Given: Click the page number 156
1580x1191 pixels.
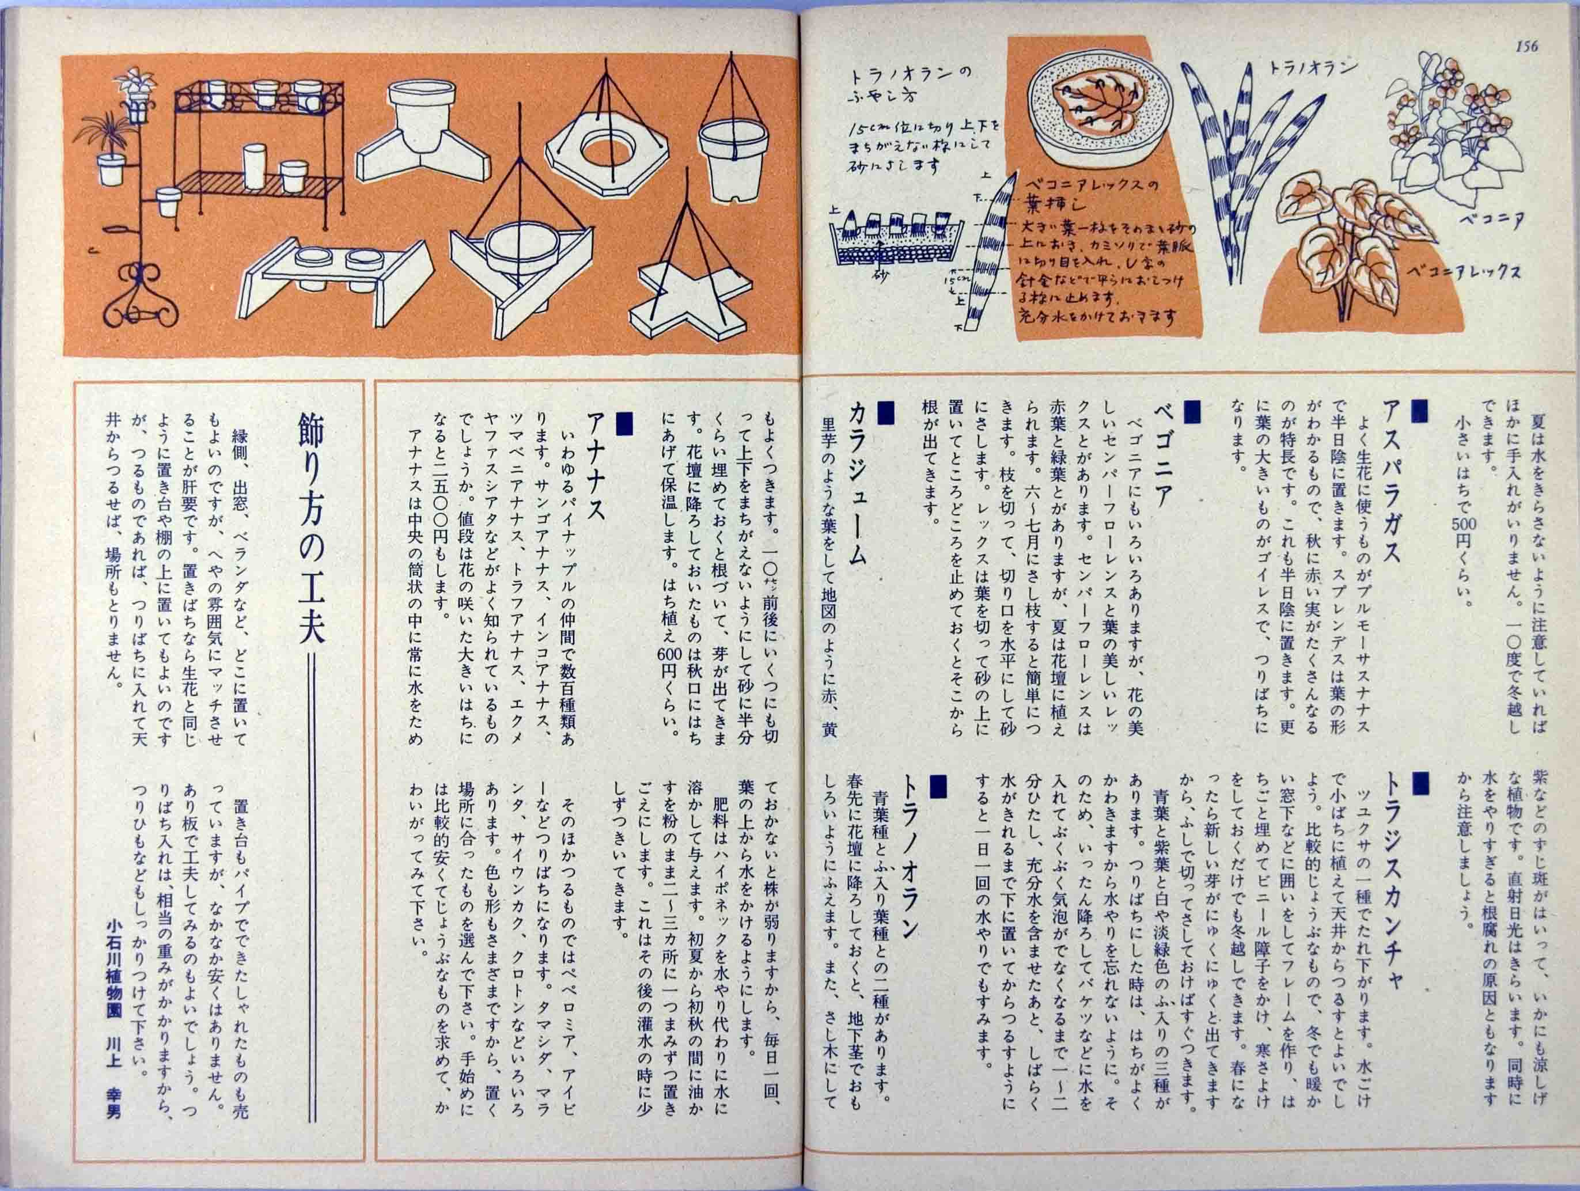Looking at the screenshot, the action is coord(1524,47).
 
